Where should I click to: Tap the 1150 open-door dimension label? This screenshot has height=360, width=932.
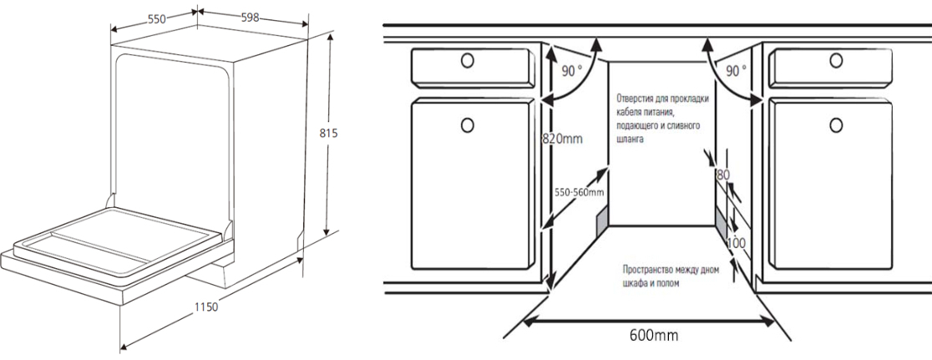(205, 307)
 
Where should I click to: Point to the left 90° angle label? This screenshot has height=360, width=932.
(572, 71)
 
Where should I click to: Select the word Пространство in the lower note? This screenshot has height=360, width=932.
(651, 271)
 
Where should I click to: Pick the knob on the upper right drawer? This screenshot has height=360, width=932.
(835, 61)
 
